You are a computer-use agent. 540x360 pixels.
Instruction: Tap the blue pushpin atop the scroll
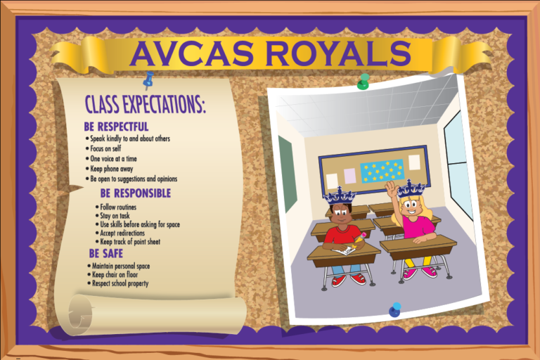(x=148, y=80)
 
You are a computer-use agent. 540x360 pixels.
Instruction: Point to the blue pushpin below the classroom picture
(x=395, y=309)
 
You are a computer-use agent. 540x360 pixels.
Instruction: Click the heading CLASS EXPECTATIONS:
(x=145, y=105)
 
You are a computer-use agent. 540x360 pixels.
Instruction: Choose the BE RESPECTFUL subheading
(x=115, y=127)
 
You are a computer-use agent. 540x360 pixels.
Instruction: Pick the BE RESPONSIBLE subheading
(x=135, y=193)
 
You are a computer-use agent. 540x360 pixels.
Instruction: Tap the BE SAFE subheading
(x=105, y=253)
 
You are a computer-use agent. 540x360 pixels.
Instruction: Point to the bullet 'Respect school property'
(x=119, y=284)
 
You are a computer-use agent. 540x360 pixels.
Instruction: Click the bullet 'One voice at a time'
(x=113, y=159)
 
